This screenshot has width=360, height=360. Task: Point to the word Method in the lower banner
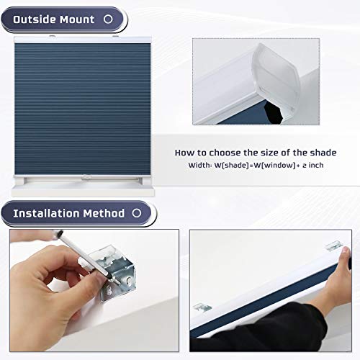[107, 213]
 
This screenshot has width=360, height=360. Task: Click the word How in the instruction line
[184, 153]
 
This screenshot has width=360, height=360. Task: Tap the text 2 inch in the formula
[312, 166]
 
